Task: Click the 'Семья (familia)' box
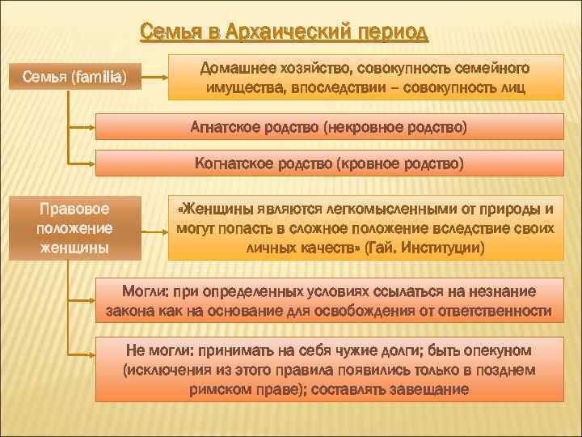pyautogui.click(x=74, y=78)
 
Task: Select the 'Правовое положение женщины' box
pyautogui.click(x=74, y=227)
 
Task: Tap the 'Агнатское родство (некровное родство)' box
pyautogui.click(x=329, y=127)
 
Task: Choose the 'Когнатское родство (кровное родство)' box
pyautogui.click(x=329, y=163)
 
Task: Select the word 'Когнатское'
pyautogui.click(x=234, y=163)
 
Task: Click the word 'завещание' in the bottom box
pyautogui.click(x=430, y=389)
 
